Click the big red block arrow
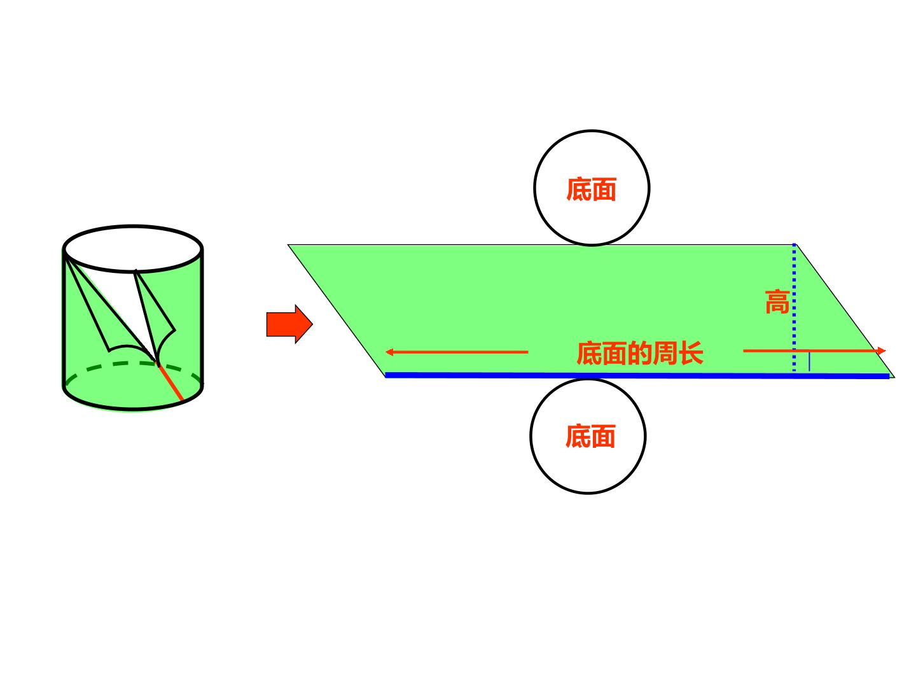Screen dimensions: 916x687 pyautogui.click(x=289, y=324)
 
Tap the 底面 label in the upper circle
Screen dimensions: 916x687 pyautogui.click(x=591, y=190)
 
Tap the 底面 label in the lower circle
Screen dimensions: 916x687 pyautogui.click(x=590, y=436)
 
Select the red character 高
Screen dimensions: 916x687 pyautogui.click(x=777, y=302)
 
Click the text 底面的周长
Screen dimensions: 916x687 pyautogui.click(x=640, y=353)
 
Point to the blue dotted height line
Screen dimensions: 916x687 pyautogui.click(x=794, y=307)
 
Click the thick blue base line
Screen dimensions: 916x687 pyautogui.click(x=637, y=375)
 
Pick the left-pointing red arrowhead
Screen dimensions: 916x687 pyautogui.click(x=389, y=352)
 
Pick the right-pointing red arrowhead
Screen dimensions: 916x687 pyautogui.click(x=881, y=350)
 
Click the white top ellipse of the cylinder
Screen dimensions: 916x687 pyautogui.click(x=133, y=249)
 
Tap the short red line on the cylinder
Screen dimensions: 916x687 pyautogui.click(x=170, y=382)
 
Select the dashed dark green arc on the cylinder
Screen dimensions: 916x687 pyautogui.click(x=133, y=366)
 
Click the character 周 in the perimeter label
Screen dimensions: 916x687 pyautogui.click(x=665, y=353)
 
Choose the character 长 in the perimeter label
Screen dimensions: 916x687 pyautogui.click(x=691, y=353)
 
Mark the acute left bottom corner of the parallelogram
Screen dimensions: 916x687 pyautogui.click(x=385, y=377)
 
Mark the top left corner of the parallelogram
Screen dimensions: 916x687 pyautogui.click(x=288, y=245)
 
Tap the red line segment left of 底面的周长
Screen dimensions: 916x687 pyautogui.click(x=457, y=352)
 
